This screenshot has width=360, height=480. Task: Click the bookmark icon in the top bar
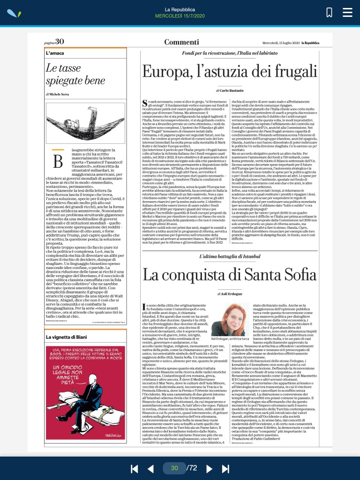point(329,12)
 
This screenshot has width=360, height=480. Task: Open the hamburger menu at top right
point(347,12)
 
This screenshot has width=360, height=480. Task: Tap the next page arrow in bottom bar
point(210,468)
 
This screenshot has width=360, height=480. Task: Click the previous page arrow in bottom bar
point(150,468)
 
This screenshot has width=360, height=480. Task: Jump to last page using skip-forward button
point(225,468)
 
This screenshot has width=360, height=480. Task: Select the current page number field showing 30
point(174,468)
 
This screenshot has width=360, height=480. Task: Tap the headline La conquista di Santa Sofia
point(230,274)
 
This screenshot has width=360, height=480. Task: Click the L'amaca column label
point(55,53)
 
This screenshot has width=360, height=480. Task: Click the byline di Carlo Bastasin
point(230,89)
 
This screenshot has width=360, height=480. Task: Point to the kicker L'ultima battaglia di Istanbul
point(230,256)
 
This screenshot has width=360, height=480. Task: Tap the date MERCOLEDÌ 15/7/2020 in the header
point(180,16)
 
